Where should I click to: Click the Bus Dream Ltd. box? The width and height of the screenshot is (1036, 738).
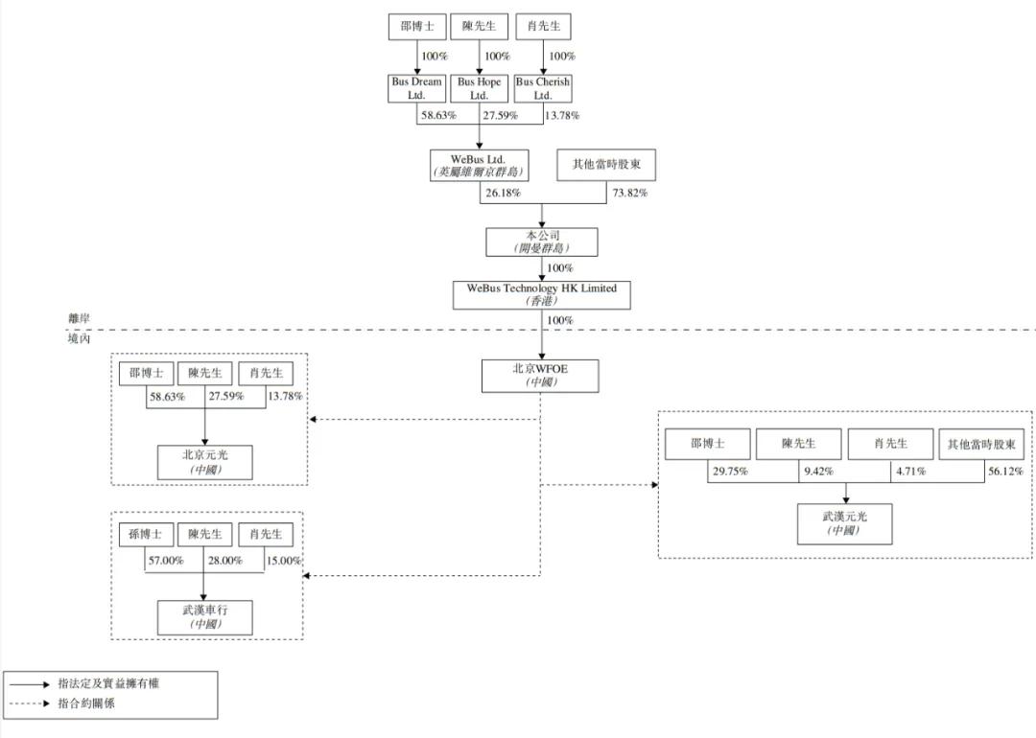[x=416, y=88]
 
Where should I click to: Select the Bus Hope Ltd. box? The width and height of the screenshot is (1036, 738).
[x=479, y=88]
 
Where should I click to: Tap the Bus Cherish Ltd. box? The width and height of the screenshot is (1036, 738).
[x=543, y=88]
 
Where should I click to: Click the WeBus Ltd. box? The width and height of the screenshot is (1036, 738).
[x=479, y=166]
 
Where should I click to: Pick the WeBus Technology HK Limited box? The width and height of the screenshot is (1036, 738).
[x=542, y=295]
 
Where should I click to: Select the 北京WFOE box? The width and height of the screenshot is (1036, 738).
[x=540, y=376]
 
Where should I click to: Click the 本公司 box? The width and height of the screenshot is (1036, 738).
[x=542, y=242]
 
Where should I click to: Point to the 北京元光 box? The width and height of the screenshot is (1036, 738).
[x=205, y=462]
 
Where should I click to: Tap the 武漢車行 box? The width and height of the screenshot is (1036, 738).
[x=205, y=617]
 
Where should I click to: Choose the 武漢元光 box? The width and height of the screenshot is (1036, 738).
[x=845, y=524]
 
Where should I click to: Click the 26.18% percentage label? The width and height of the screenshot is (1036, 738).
[x=504, y=193]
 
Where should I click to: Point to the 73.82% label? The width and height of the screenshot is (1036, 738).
[x=629, y=193]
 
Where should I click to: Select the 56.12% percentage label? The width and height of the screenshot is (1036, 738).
[x=1005, y=472]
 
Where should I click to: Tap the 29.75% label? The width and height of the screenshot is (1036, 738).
[x=730, y=472]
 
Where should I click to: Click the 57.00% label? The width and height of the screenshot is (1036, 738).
[x=166, y=561]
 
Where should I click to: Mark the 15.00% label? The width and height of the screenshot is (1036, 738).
[x=284, y=561]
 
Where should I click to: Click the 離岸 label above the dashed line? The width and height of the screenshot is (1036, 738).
[x=80, y=318]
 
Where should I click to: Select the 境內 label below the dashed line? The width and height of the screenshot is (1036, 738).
[x=80, y=338]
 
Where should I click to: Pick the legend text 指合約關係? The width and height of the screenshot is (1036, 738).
[x=86, y=703]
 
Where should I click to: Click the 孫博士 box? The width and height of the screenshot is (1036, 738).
[x=146, y=534]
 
